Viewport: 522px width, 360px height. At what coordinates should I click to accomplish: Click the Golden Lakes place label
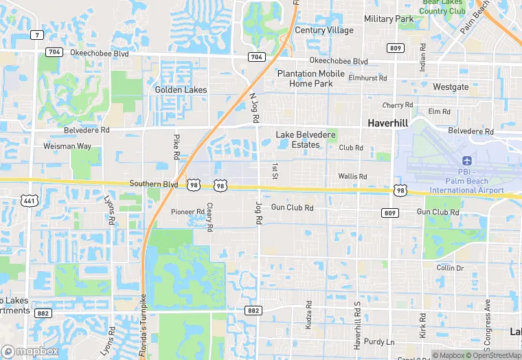click(x=181, y=90)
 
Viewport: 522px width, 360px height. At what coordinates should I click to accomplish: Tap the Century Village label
click(x=324, y=30)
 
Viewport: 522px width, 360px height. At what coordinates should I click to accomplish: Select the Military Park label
click(x=389, y=19)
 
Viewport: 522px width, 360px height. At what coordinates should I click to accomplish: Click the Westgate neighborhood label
click(x=451, y=87)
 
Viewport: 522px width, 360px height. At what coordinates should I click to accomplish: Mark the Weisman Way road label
click(x=67, y=146)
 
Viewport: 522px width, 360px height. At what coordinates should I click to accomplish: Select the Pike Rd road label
click(x=177, y=147)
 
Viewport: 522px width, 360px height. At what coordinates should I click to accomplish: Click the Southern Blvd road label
click(x=154, y=184)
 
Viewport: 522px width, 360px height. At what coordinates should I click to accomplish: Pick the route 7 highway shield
click(x=36, y=35)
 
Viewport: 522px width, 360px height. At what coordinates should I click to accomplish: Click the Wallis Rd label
click(x=352, y=177)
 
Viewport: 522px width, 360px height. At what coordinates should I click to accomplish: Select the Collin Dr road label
click(x=450, y=268)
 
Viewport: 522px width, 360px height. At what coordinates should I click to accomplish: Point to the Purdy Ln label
click(x=381, y=341)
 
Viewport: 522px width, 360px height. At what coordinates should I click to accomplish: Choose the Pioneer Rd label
click(x=188, y=212)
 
